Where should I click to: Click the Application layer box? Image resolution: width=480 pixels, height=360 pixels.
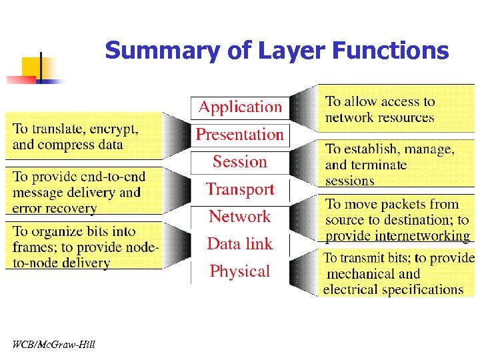click(240, 107)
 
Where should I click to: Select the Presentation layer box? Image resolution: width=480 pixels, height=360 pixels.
click(240, 135)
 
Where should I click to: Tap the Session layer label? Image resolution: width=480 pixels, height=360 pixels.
click(240, 162)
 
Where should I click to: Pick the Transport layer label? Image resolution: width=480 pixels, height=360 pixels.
click(240, 189)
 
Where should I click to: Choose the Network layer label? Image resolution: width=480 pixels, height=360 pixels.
click(240, 217)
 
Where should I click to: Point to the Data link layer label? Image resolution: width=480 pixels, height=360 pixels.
click(240, 244)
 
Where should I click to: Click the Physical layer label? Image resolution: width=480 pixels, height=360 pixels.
click(240, 271)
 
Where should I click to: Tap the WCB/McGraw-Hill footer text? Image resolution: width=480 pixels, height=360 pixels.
click(53, 345)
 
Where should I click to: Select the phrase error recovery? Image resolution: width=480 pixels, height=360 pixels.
click(55, 209)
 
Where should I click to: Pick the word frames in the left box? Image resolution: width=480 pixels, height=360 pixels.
click(34, 247)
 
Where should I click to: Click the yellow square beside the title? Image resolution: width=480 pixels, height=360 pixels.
click(31, 67)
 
